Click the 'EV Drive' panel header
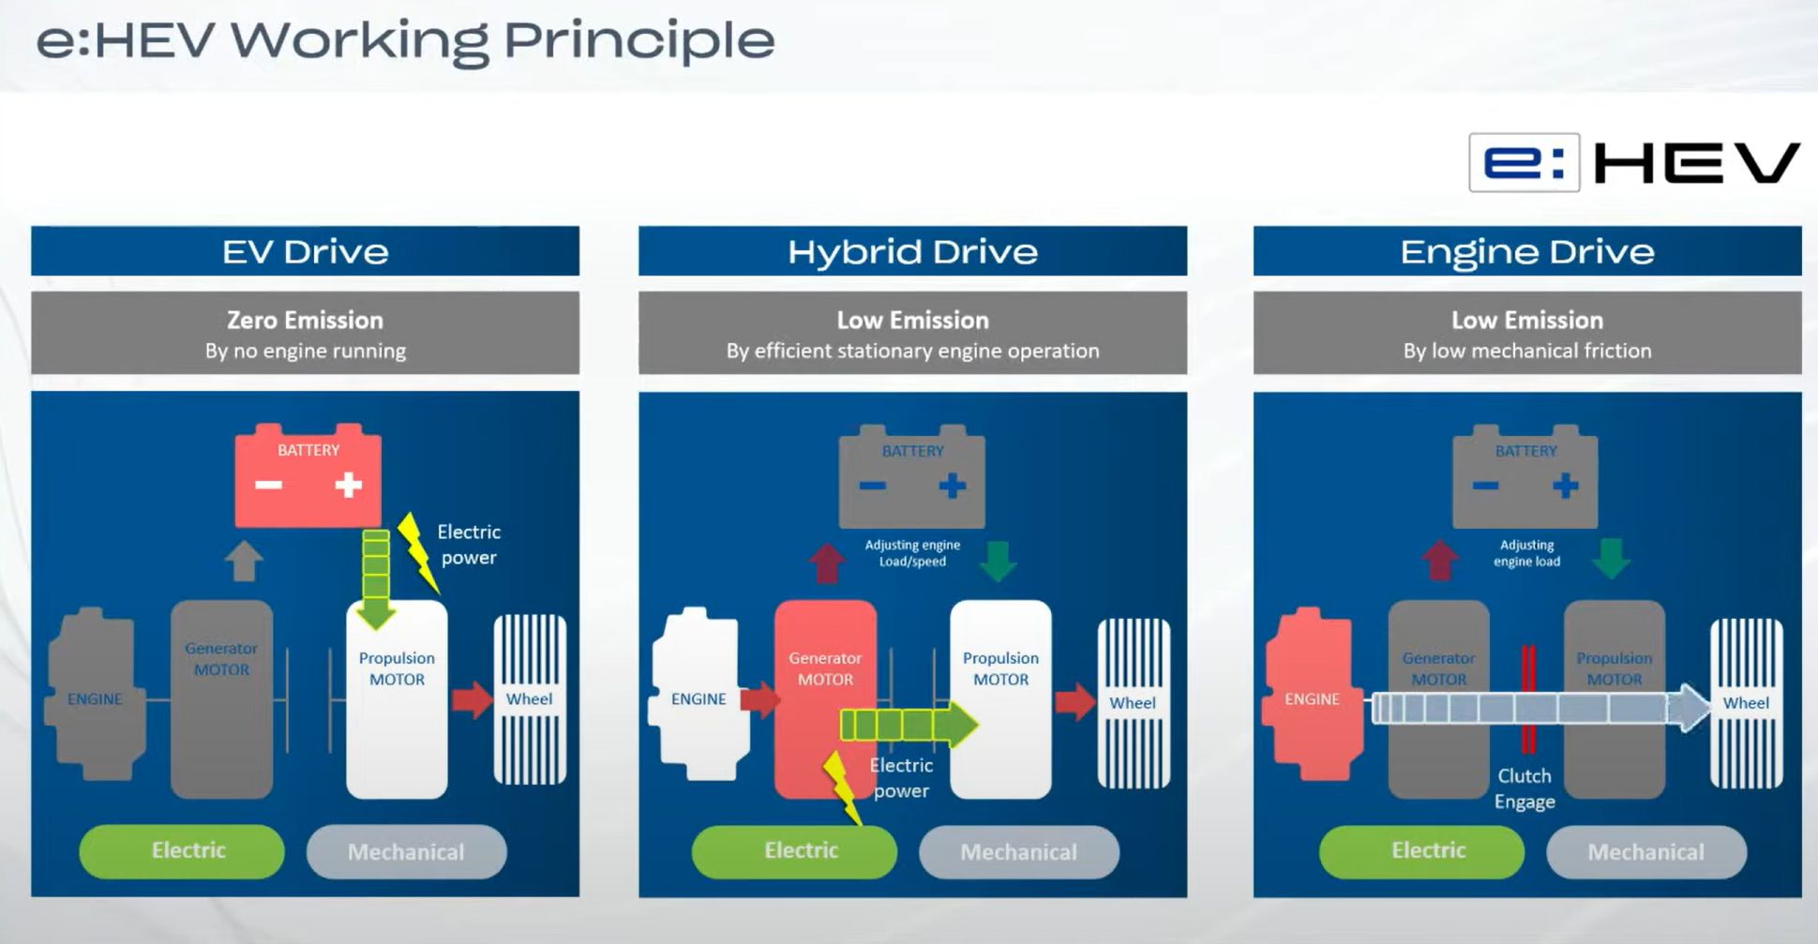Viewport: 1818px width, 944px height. pyautogui.click(x=305, y=251)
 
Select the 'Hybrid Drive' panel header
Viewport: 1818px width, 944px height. pyautogui.click(x=912, y=251)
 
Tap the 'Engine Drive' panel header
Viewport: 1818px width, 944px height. pyautogui.click(x=1526, y=251)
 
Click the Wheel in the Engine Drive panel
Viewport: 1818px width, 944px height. pyautogui.click(x=1746, y=703)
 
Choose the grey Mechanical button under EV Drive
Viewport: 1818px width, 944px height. pyautogui.click(x=406, y=851)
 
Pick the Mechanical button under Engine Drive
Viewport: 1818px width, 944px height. pyautogui.click(x=1645, y=851)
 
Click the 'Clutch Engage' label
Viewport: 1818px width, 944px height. pyautogui.click(x=1525, y=788)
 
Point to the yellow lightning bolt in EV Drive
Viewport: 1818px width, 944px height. pyautogui.click(x=417, y=552)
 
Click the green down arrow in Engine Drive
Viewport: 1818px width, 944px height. pyautogui.click(x=1612, y=559)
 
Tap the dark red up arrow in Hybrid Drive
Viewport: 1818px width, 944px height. pyautogui.click(x=827, y=562)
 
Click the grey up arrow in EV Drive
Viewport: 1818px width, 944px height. pyautogui.click(x=244, y=561)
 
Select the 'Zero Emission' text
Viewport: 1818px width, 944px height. pyautogui.click(x=305, y=320)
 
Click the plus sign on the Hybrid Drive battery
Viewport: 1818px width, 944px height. pyautogui.click(x=952, y=486)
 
